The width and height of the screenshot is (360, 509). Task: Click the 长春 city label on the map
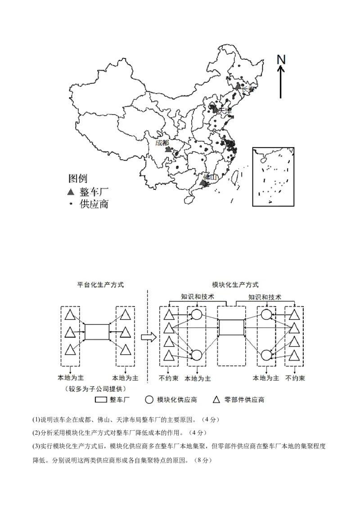pyautogui.click(x=248, y=89)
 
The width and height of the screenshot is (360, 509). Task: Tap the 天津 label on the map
pyautogui.click(x=224, y=110)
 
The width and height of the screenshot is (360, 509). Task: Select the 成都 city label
pyautogui.click(x=162, y=143)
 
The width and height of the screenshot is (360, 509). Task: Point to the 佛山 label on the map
pyautogui.click(x=210, y=177)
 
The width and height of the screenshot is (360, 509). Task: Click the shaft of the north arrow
pyautogui.click(x=281, y=83)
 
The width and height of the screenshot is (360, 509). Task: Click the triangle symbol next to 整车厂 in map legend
pyautogui.click(x=70, y=192)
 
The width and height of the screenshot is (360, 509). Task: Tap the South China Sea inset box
pyautogui.click(x=273, y=176)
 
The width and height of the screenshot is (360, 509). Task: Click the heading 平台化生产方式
pyautogui.click(x=101, y=285)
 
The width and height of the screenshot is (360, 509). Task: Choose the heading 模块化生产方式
pyautogui.click(x=236, y=285)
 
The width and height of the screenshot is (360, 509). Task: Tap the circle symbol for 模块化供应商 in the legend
pyautogui.click(x=149, y=399)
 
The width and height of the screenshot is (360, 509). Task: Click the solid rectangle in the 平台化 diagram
pyautogui.click(x=97, y=332)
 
